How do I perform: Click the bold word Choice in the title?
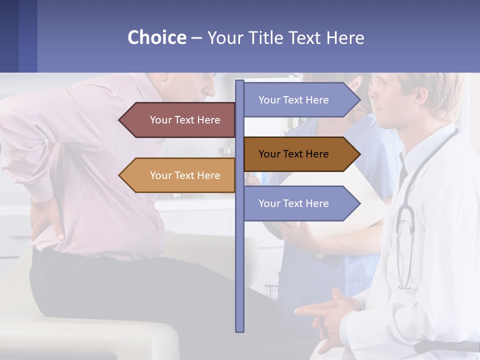(x=156, y=37)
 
